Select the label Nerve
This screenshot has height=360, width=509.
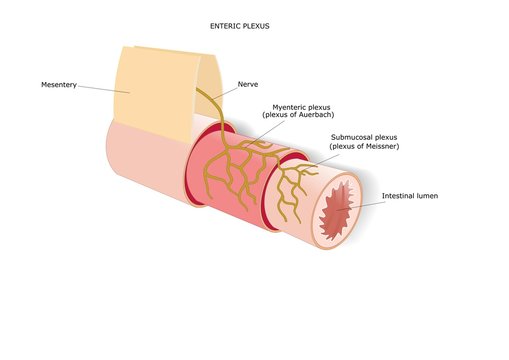pyautogui.click(x=248, y=84)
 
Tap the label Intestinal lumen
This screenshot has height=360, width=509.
pyautogui.click(x=410, y=196)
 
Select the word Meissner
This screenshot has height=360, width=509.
pyautogui.click(x=375, y=146)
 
